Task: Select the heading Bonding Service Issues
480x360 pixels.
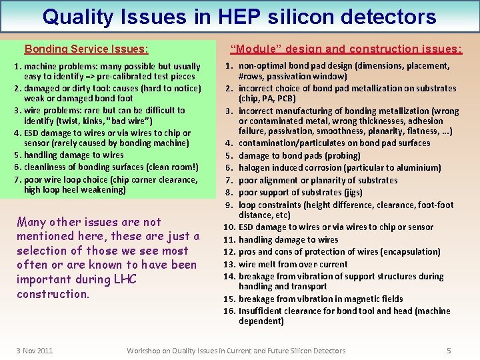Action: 86,49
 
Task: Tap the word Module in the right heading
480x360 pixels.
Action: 252,49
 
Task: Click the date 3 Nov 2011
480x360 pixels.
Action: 35,351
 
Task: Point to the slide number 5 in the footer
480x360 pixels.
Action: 449,351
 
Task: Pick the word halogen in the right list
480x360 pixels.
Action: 255,168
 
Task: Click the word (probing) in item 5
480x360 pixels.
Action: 342,155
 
